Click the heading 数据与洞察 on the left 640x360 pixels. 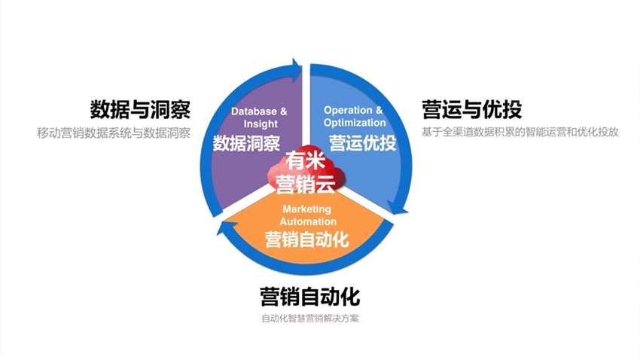tap(140, 109)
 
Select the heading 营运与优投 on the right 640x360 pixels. tap(472, 109)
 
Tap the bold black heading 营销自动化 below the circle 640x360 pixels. tap(309, 296)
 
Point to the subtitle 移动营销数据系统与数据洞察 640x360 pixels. tap(114, 133)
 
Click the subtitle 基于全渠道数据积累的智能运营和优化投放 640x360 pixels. tap(520, 133)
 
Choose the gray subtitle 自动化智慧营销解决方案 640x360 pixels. tap(309, 319)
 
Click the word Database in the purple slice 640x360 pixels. tap(254, 111)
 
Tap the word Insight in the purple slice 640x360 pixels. tap(261, 124)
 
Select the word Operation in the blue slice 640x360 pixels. tap(348, 110)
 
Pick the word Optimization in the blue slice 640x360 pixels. tap(355, 123)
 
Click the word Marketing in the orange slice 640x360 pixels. tap(307, 209)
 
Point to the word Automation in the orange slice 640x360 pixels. tap(308, 221)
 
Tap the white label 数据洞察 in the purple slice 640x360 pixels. tap(246, 143)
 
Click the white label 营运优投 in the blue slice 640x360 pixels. tap(363, 143)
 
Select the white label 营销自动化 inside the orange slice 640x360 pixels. tap(307, 239)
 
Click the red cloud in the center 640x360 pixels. tap(306, 172)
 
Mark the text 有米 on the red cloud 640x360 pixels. tap(305, 160)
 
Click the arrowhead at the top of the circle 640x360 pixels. tap(297, 68)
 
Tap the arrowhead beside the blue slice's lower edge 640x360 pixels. tap(398, 207)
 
